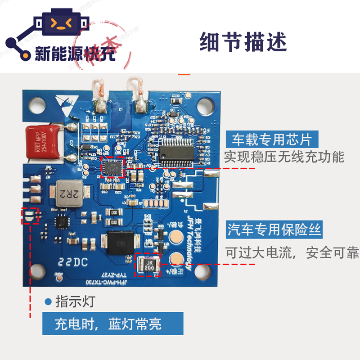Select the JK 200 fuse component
coord(149,264)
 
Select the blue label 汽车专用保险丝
coord(274,230)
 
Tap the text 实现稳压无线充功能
coord(284,157)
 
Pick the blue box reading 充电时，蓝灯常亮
coord(113,324)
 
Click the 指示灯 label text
coord(75,301)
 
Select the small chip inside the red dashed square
coord(112,168)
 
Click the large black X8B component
coord(121,242)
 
